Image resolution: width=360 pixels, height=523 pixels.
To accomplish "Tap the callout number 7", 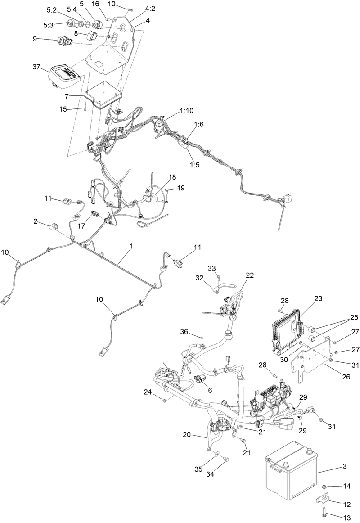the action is coord(67,96).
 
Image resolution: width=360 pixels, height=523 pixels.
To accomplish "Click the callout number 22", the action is coord(250,275).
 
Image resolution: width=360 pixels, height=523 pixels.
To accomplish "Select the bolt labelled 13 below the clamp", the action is coord(325,511).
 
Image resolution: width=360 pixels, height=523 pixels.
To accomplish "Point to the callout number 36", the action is coord(184,332).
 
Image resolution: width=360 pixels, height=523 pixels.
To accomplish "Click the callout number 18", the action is coord(172,177).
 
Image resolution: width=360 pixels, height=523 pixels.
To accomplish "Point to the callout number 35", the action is coord(198,469).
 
